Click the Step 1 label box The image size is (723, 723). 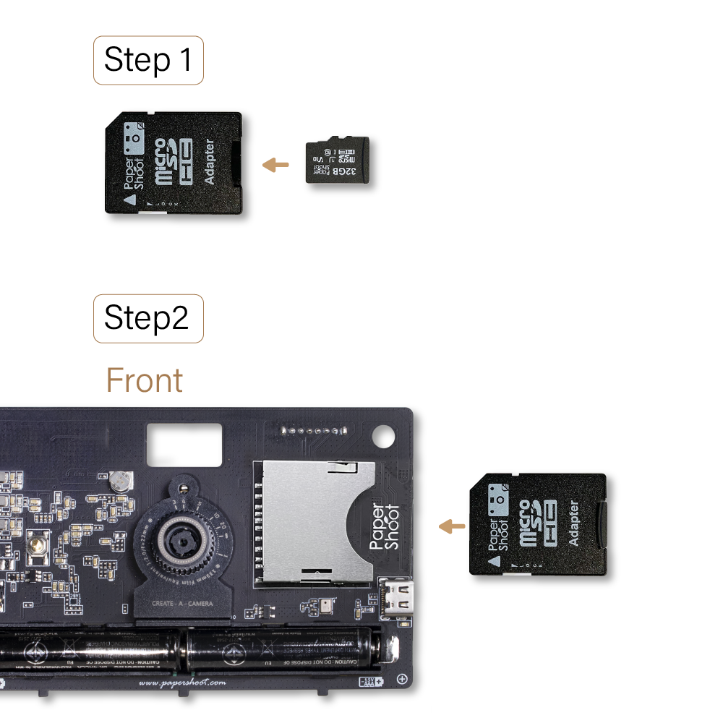(x=148, y=60)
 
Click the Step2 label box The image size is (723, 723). (x=148, y=318)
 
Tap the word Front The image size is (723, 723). (x=145, y=380)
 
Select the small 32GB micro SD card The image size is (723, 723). (x=337, y=160)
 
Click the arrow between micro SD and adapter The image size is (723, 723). (x=275, y=166)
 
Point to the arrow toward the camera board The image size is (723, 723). (x=452, y=526)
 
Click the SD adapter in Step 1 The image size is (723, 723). (x=174, y=163)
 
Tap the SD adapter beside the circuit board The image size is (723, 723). (x=538, y=524)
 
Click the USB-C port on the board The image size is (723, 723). (x=397, y=598)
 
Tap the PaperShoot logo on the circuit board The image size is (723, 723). (x=384, y=526)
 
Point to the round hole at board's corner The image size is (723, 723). (x=384, y=437)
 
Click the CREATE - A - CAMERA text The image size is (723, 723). (x=181, y=603)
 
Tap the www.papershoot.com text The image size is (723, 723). (x=181, y=683)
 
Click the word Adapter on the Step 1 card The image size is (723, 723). (x=210, y=163)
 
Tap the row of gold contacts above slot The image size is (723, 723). (x=312, y=431)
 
